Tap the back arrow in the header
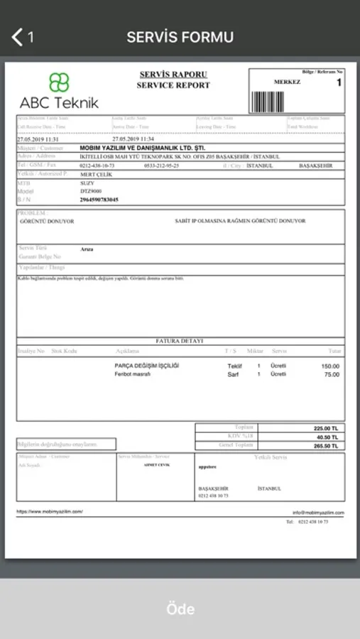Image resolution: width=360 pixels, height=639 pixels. coord(18,37)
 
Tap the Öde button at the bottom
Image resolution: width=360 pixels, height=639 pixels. coord(180,608)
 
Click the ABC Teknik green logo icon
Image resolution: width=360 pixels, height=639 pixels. coord(59,82)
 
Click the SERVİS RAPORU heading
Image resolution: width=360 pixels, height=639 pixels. coord(173,75)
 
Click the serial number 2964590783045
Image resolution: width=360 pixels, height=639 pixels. coord(99,200)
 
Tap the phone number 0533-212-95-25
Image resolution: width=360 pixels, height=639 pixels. coord(161,165)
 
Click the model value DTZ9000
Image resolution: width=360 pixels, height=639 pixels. coord(91,191)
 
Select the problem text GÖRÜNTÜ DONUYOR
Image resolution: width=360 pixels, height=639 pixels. coord(48,221)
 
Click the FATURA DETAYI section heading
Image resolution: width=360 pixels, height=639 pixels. coord(180,341)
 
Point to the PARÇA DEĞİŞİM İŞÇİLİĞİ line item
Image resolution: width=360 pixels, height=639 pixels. coord(146,366)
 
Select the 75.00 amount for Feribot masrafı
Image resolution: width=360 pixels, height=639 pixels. coord(331,374)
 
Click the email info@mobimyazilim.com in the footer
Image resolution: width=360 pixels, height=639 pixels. coord(318,512)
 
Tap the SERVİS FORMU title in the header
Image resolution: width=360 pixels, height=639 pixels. coord(180,37)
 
